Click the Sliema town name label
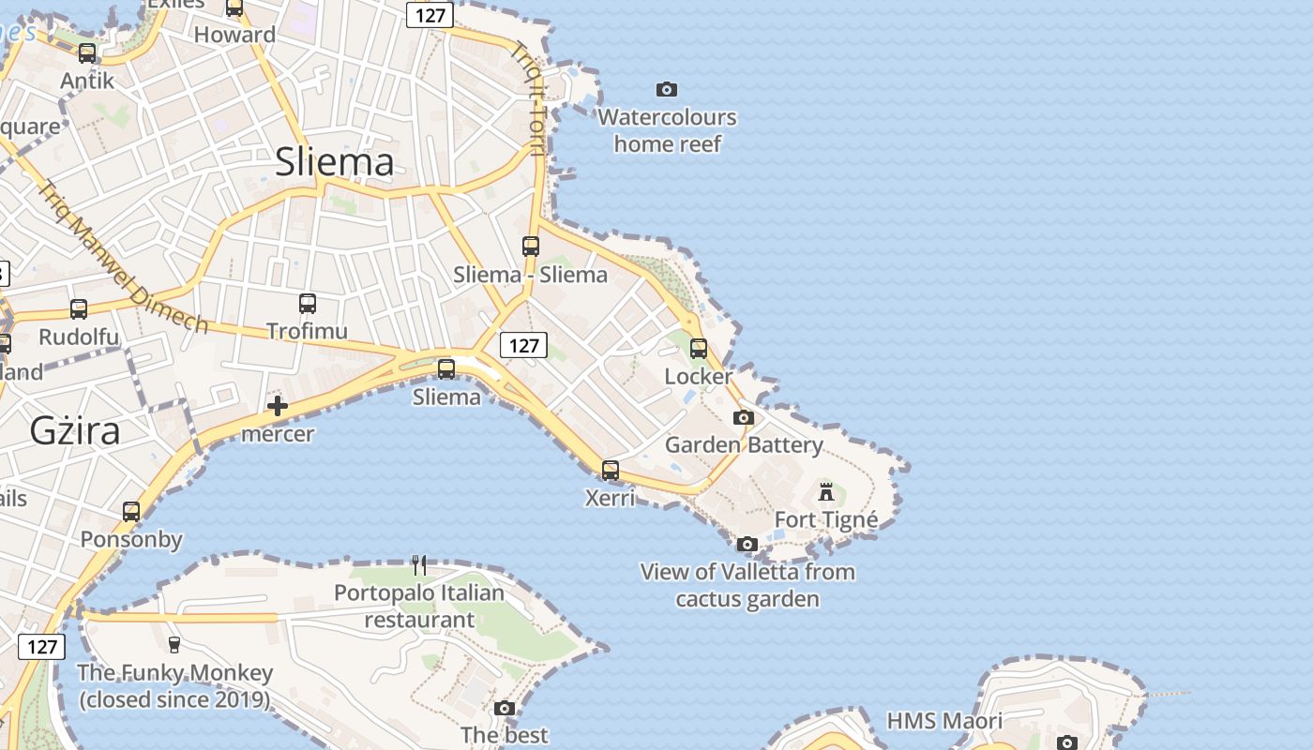[x=335, y=162]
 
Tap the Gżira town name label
[x=75, y=430]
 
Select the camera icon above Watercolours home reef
[x=667, y=90]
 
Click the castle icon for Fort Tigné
[x=826, y=491]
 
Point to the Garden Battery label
[x=744, y=444]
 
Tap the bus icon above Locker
[x=699, y=349]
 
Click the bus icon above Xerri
[x=611, y=471]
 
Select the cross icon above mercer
[x=278, y=406]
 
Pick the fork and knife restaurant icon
[x=419, y=564]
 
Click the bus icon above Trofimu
[x=308, y=304]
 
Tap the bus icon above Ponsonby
[x=131, y=512]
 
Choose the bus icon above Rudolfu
[x=79, y=309]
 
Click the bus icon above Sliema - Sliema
[x=531, y=247]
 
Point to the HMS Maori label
[x=944, y=721]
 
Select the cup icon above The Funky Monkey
[x=174, y=644]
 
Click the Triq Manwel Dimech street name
[x=123, y=255]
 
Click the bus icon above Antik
[x=87, y=53]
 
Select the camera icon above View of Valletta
[x=747, y=544]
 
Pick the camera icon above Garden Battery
[x=744, y=417]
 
